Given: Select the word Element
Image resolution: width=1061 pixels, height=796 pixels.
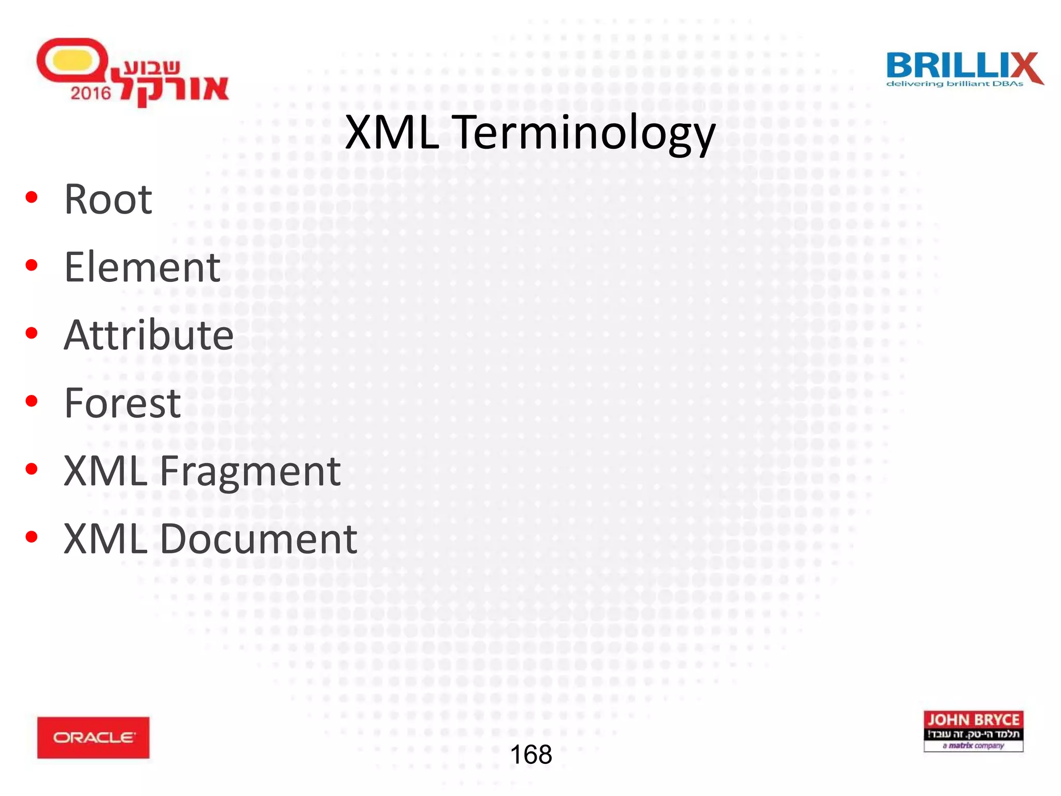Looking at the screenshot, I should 142,267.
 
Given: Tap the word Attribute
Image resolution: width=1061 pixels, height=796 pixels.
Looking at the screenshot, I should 149,335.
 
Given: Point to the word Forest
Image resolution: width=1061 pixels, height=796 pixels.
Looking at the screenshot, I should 122,403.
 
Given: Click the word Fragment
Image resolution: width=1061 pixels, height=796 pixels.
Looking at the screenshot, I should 250,472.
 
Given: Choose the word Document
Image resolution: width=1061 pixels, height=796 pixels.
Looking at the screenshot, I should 258,539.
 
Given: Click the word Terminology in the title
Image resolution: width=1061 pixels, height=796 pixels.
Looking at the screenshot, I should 585,133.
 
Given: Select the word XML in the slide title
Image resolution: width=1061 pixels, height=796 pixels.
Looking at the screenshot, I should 392,133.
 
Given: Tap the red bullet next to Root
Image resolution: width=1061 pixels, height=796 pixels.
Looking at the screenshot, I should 32,197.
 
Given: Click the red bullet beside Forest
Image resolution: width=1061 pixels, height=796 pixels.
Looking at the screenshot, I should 32,401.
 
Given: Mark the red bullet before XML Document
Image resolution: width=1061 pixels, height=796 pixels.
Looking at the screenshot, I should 32,537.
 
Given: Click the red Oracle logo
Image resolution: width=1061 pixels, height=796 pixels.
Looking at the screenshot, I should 93,737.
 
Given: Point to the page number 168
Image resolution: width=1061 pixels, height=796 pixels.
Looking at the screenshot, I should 530,755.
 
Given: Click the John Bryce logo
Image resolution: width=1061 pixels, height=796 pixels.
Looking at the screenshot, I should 973,731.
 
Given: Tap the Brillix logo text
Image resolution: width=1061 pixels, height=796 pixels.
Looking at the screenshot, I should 953,66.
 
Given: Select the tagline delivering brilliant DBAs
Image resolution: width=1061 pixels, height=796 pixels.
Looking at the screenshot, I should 954,84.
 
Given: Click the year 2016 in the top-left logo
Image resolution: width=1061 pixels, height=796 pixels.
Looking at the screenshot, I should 91,93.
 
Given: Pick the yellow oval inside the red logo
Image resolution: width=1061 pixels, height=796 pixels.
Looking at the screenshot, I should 72,60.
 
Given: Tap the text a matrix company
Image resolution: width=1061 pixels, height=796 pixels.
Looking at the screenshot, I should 973,746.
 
